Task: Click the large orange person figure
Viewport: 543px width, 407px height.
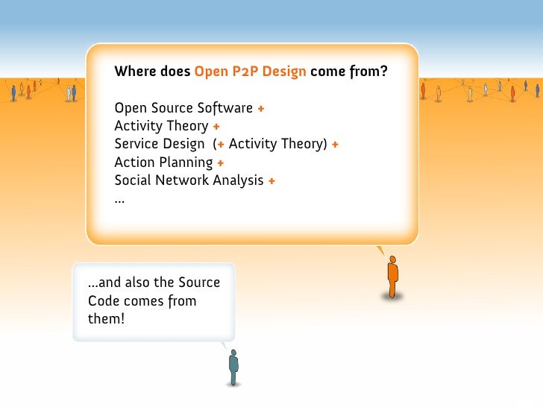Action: click(x=392, y=278)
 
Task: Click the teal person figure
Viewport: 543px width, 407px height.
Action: click(x=233, y=367)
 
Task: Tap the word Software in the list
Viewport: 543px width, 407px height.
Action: click(x=225, y=108)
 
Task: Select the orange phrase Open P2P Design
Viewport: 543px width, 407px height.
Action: click(x=251, y=72)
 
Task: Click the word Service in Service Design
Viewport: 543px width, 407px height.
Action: click(x=136, y=144)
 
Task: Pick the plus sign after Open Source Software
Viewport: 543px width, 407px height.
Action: click(x=261, y=109)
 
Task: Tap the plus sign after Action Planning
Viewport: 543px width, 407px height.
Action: click(x=222, y=163)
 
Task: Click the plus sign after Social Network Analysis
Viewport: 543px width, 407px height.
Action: click(x=271, y=181)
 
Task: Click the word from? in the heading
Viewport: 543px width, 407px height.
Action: click(x=371, y=72)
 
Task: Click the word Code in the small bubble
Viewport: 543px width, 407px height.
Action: click(x=104, y=301)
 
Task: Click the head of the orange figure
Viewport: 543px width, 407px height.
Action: click(x=392, y=260)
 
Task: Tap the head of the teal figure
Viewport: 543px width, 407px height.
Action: click(x=233, y=353)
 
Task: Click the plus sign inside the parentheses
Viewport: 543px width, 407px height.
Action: click(x=222, y=145)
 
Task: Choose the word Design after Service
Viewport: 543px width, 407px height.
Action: click(x=186, y=144)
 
